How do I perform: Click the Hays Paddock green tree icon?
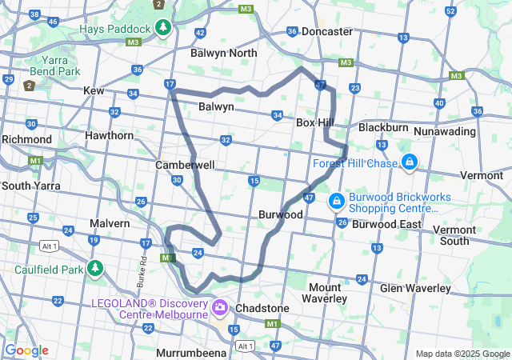coord(163,28)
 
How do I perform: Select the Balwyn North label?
coord(224,53)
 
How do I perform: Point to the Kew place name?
coord(94,91)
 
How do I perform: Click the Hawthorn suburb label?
coord(110,135)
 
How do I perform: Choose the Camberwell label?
coord(185,164)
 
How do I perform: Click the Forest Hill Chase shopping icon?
coord(410,162)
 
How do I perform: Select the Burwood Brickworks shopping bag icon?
coord(336,198)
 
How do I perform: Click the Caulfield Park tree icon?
coord(96,268)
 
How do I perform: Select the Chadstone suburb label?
coord(263,308)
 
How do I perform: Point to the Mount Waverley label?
coord(324,293)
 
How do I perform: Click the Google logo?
coord(26,350)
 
